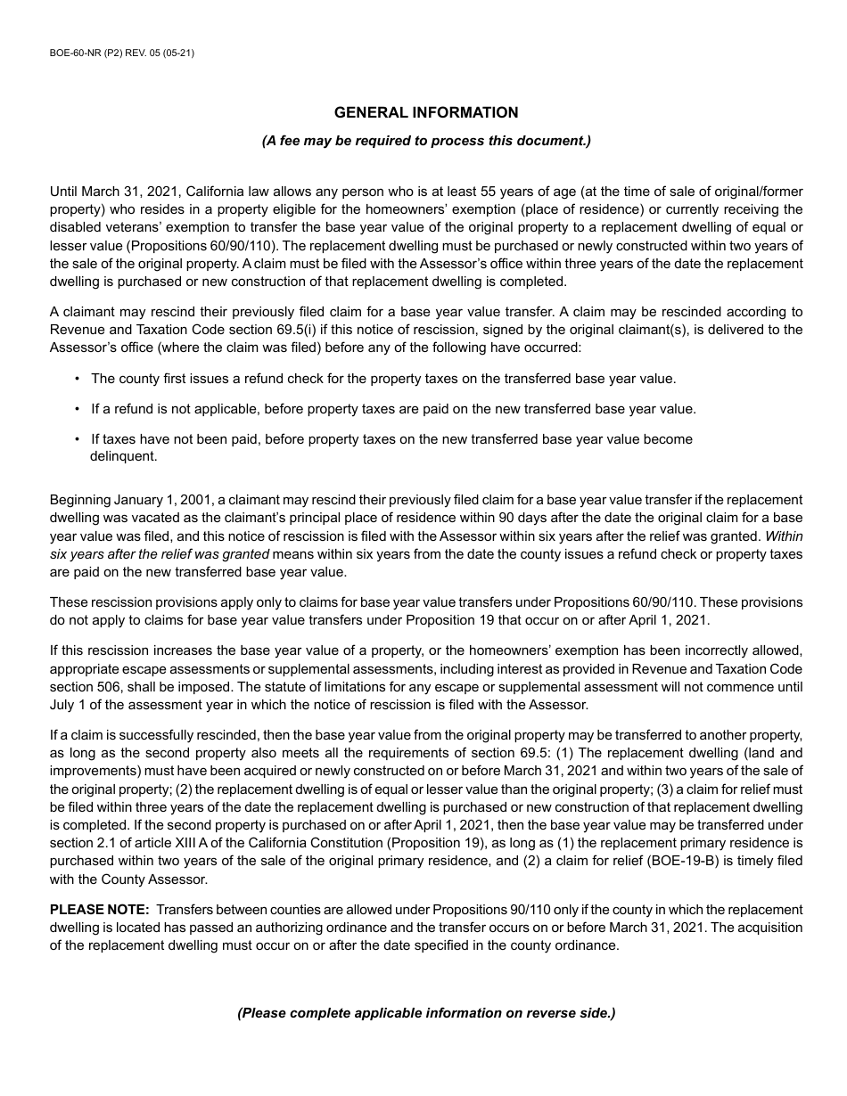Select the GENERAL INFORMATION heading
(x=425, y=112)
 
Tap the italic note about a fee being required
(x=425, y=141)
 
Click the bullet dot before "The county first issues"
(x=78, y=379)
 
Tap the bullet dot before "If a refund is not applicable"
(x=78, y=409)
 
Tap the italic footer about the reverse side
(x=425, y=1013)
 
